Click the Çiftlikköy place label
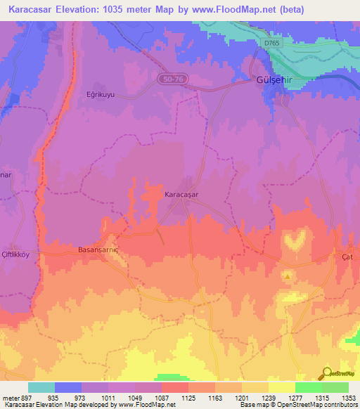[x=18, y=254]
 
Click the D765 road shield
[x=272, y=44]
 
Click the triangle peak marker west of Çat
[x=288, y=275]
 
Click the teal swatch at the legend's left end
[x=41, y=387]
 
